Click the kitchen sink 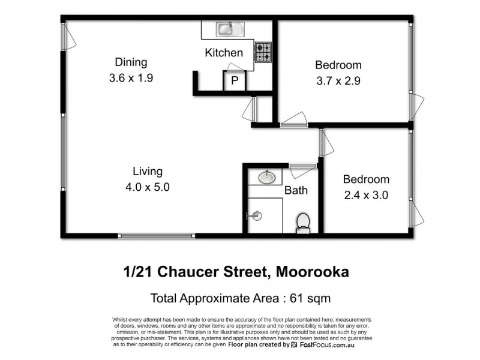229,28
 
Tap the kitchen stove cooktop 263,52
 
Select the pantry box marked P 234,81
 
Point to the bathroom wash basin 267,176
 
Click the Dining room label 131,62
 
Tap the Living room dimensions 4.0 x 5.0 148,187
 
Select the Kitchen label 224,53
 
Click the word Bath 296,191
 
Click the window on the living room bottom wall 156,235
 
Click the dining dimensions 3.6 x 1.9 131,77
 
